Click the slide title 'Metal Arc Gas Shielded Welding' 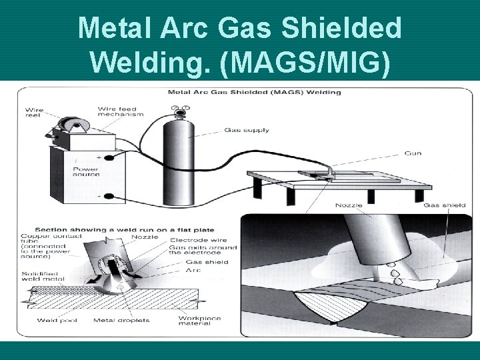[x=240, y=44]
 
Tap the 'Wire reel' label [x=35, y=113]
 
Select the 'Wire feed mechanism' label [x=120, y=111]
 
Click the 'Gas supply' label [x=247, y=130]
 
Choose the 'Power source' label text [x=86, y=171]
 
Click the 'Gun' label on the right [x=413, y=153]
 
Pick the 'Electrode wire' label [x=199, y=240]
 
